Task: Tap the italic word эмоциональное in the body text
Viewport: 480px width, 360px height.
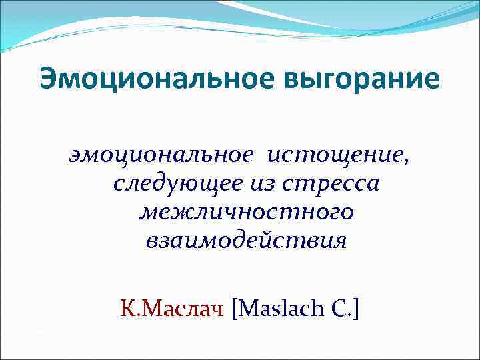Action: point(161,155)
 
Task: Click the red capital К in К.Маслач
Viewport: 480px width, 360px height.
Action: point(126,309)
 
